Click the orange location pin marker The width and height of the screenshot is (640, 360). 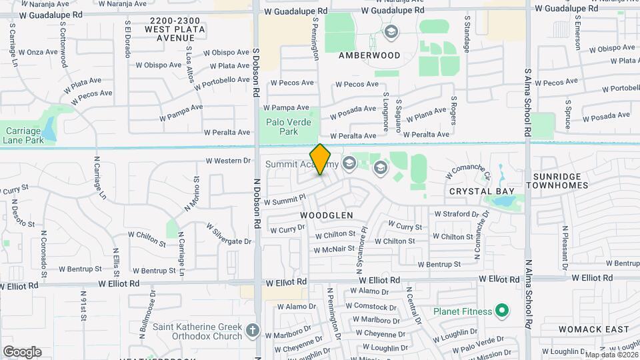tap(321, 159)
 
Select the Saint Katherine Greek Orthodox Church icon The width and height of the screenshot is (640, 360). tap(253, 330)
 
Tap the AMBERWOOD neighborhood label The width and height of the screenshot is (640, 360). tap(369, 55)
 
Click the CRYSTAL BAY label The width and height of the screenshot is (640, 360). tap(481, 191)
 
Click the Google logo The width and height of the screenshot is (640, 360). tap(22, 351)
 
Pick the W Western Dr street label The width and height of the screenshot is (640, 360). tap(228, 161)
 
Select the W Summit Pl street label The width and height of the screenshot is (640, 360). tap(285, 199)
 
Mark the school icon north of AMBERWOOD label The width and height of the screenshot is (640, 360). tap(391, 31)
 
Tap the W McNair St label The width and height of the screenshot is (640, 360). tap(334, 249)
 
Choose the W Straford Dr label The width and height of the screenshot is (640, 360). tap(457, 214)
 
